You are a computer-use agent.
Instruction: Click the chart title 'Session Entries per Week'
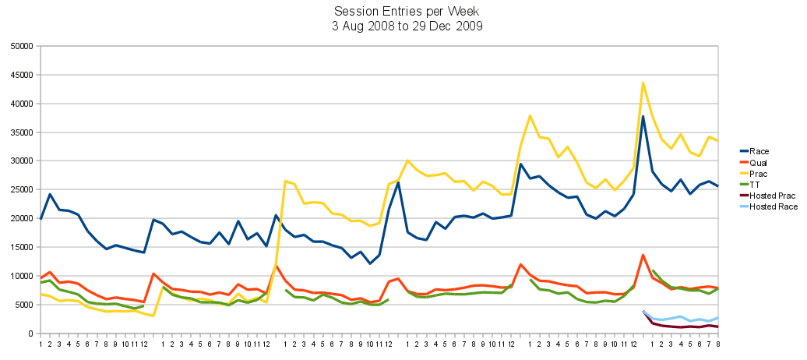[x=403, y=12]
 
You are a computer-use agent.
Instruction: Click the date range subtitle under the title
[x=403, y=26]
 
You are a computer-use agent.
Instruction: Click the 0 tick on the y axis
[x=29, y=334]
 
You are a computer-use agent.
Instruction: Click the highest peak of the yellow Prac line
[x=643, y=83]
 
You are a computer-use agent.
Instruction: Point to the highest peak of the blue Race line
[x=643, y=117]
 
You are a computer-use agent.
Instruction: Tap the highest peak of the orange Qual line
[x=643, y=255]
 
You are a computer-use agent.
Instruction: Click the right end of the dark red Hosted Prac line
[x=717, y=326]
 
